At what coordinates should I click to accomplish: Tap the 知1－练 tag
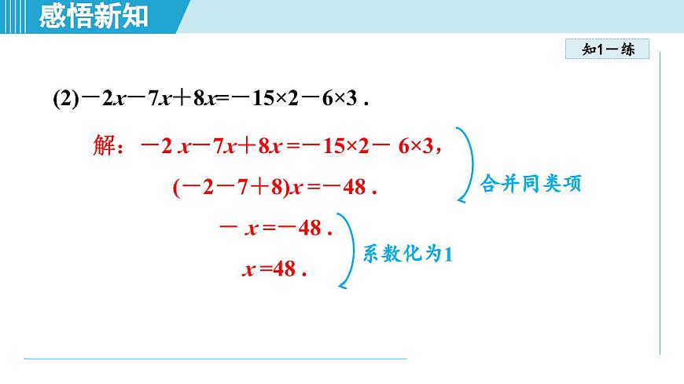tap(607, 49)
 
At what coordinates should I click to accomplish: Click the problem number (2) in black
tap(64, 100)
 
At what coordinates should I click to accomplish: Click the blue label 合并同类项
tap(531, 186)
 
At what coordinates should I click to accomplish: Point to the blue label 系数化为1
tap(408, 254)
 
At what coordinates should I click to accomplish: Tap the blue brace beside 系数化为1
tap(348, 251)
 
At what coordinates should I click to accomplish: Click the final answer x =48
tap(271, 269)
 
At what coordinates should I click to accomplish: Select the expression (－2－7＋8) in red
tap(228, 188)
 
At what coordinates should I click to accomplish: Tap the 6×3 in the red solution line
tap(416, 146)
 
